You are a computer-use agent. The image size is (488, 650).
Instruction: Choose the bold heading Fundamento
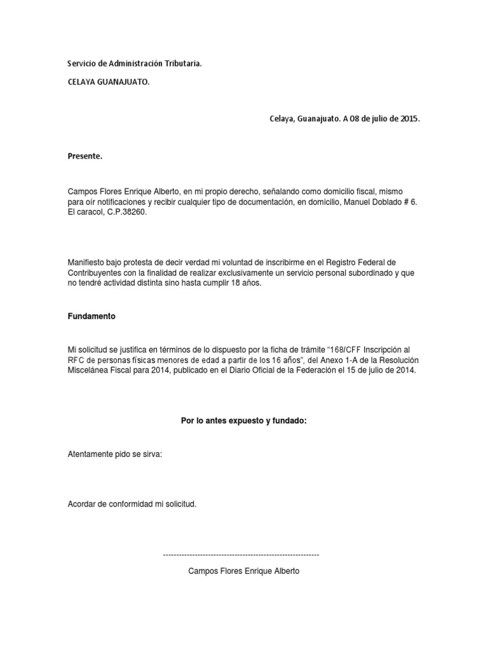(91, 316)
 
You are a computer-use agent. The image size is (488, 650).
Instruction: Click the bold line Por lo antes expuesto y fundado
(244, 421)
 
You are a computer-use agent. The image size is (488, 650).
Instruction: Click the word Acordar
(82, 504)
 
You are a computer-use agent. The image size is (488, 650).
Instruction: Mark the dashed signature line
(241, 555)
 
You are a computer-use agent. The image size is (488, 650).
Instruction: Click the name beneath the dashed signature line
(244, 571)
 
